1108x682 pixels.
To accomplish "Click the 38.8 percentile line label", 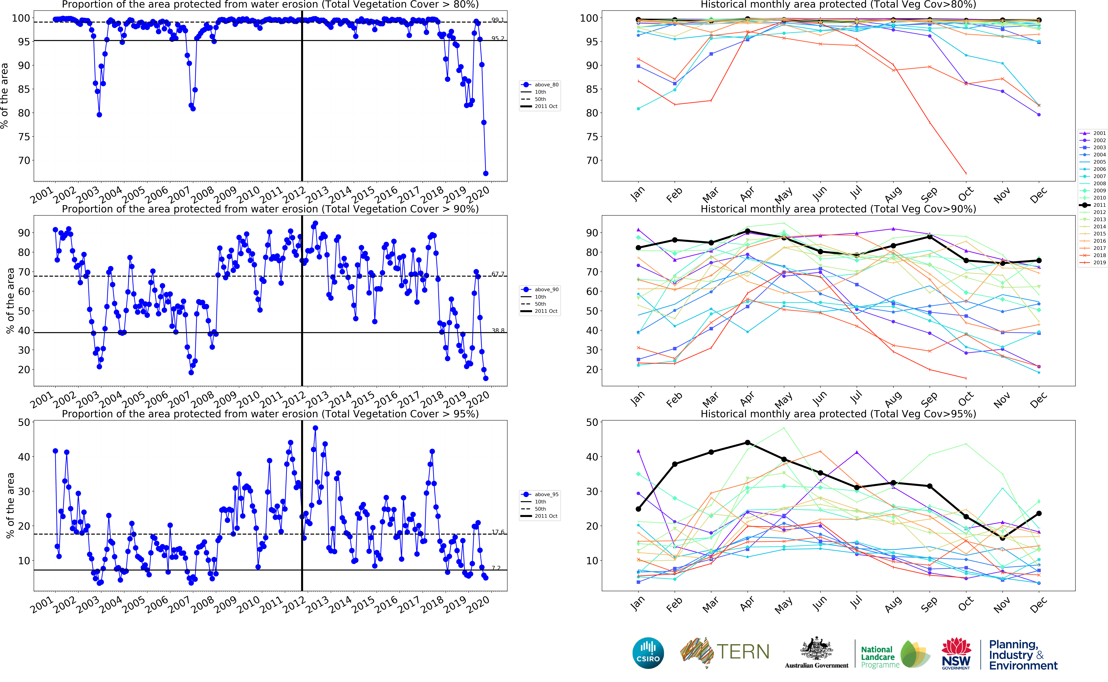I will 498,331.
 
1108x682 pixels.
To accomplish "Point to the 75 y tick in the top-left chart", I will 24,137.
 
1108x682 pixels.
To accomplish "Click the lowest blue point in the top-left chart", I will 486,173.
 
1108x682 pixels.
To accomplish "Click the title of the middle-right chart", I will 838,209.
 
